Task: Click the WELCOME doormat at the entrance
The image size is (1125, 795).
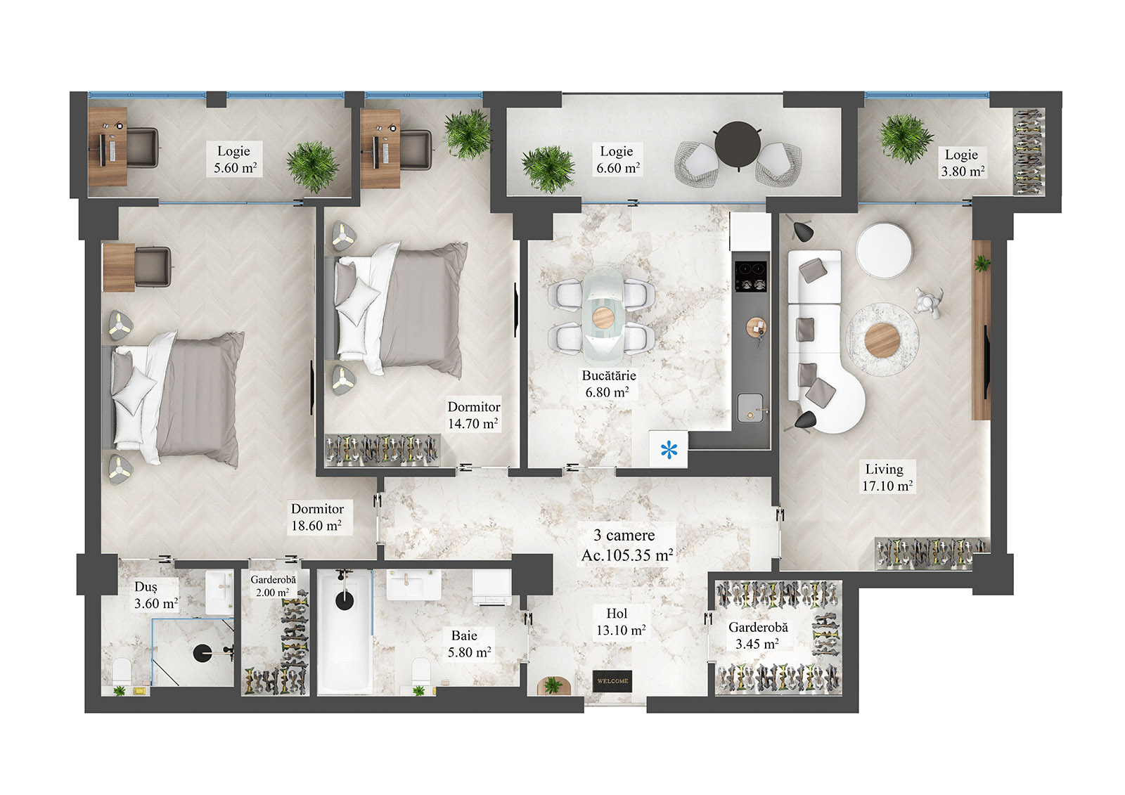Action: (x=612, y=680)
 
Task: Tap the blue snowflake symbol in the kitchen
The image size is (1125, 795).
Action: (x=669, y=448)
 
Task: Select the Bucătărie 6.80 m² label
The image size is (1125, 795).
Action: (x=608, y=384)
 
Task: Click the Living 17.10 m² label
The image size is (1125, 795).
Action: (x=887, y=477)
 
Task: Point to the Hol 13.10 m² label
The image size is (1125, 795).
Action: (x=620, y=622)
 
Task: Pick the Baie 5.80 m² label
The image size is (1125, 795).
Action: (x=468, y=644)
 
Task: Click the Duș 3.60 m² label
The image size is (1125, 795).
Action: (x=155, y=595)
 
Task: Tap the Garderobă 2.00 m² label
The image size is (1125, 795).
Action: (x=274, y=586)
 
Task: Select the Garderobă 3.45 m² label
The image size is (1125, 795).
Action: (x=757, y=635)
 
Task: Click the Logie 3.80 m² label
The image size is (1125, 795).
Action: (x=962, y=163)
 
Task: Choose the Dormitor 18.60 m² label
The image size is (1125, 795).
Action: (x=317, y=517)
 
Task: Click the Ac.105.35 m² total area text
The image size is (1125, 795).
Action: (x=626, y=555)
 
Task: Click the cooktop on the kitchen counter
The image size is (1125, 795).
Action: (x=750, y=276)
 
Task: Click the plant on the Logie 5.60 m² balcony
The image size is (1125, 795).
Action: (x=313, y=166)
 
